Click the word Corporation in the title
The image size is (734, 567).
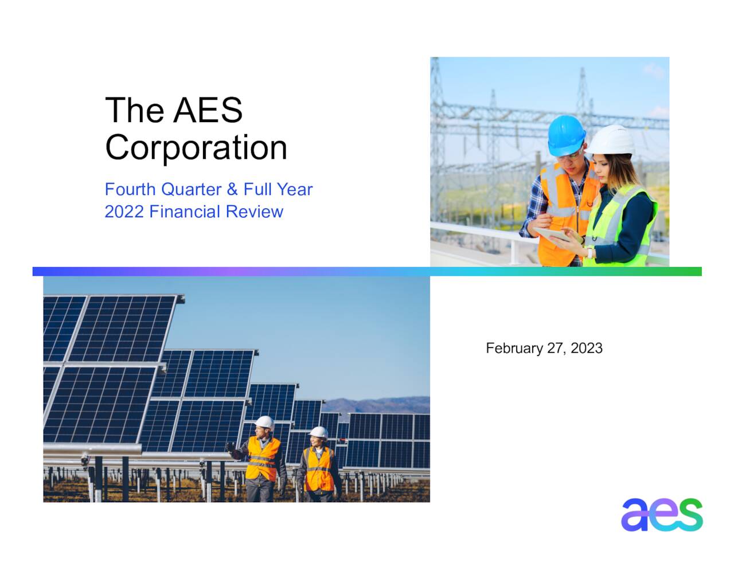[196, 148]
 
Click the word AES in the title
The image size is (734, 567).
[208, 110]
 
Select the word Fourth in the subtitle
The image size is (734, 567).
[130, 189]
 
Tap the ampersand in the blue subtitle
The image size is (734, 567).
[232, 189]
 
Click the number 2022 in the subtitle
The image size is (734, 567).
[124, 212]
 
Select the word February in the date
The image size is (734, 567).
[514, 348]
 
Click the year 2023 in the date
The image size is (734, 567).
[587, 348]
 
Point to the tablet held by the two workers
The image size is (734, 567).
[551, 234]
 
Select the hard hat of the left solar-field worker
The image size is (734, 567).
[264, 423]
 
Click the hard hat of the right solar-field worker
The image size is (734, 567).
[318, 432]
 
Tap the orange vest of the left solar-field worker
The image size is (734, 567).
[263, 459]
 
